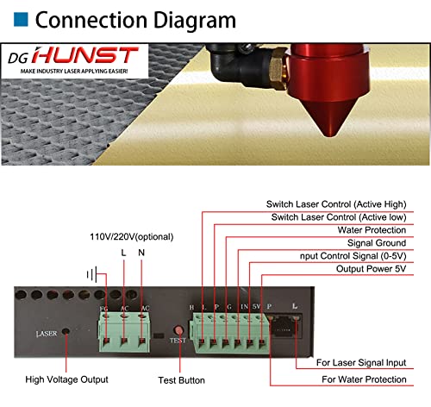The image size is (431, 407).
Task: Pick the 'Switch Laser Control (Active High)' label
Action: click(x=338, y=203)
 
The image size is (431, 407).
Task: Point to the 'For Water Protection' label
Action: click(x=362, y=379)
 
